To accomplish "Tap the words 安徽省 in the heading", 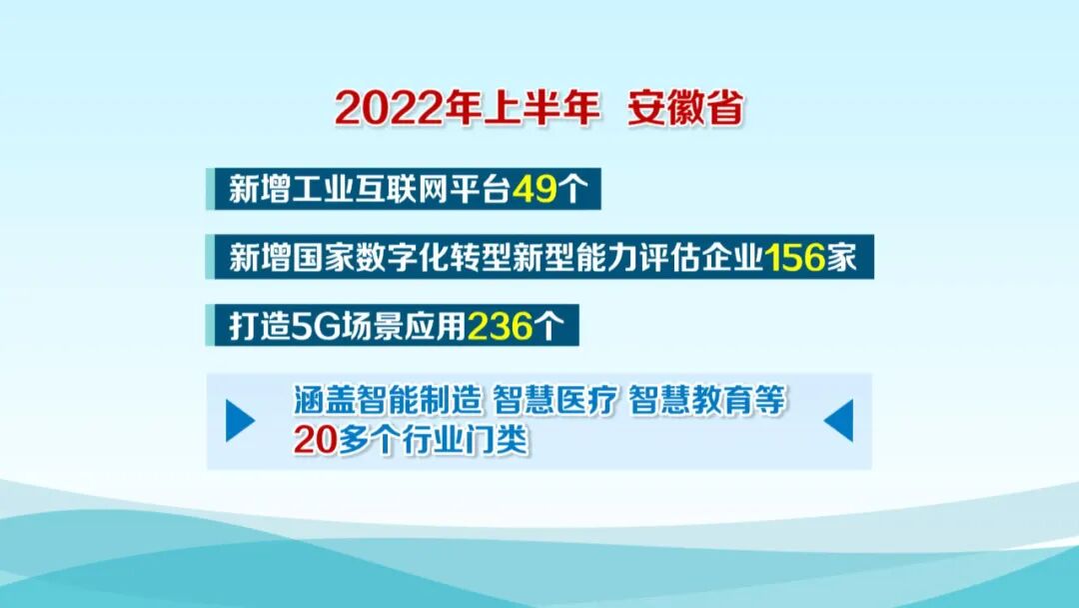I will click(685, 109).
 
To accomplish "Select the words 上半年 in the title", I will click(542, 109).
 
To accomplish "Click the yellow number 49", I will click(534, 189).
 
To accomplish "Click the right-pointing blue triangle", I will click(240, 421).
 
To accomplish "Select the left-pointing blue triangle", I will click(838, 421).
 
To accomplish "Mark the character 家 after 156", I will click(841, 258).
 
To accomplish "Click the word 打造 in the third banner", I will click(252, 327).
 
